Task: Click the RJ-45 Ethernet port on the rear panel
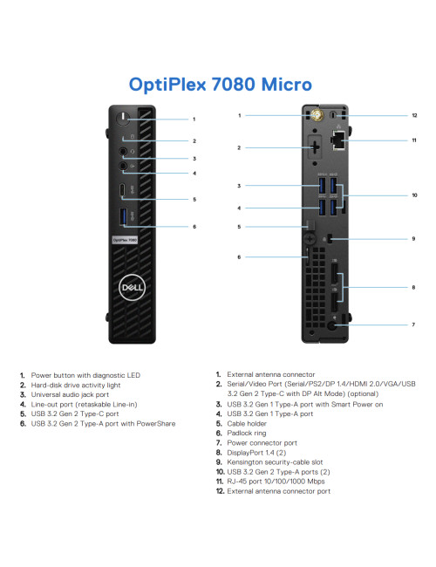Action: tap(339, 138)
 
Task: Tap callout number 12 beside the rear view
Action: tap(415, 115)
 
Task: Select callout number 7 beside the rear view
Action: tap(413, 324)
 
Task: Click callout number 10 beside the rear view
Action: tap(415, 195)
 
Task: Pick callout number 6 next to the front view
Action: tap(194, 226)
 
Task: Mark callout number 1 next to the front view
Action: tap(194, 119)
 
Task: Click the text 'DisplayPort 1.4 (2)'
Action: tap(261, 452)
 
